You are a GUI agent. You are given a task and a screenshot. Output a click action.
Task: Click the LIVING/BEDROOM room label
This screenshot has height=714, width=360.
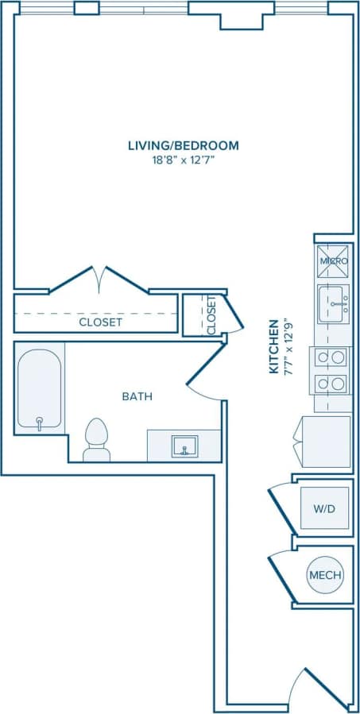pyautogui.click(x=184, y=145)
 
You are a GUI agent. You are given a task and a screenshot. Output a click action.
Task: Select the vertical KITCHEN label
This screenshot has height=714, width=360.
pyautogui.click(x=273, y=346)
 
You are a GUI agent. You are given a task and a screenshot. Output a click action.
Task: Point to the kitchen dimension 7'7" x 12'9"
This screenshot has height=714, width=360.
pyautogui.click(x=286, y=346)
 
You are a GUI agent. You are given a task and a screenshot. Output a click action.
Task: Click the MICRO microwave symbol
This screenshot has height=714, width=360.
pyautogui.click(x=333, y=261)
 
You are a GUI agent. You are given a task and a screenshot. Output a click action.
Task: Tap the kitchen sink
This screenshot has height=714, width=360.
pyautogui.click(x=334, y=305)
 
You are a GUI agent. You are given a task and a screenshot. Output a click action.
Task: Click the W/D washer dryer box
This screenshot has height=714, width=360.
pyautogui.click(x=323, y=508)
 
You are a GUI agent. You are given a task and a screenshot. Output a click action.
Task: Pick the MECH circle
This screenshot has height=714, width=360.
pyautogui.click(x=325, y=575)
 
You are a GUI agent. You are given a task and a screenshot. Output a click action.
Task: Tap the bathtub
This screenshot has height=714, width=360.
pyautogui.click(x=39, y=389)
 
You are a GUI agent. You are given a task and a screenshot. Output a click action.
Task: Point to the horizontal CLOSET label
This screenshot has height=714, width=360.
pyautogui.click(x=100, y=322)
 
